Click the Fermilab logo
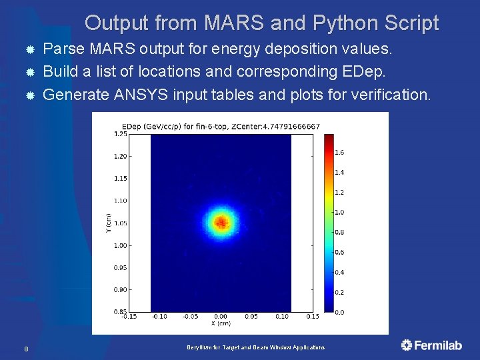point(431,345)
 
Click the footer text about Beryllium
point(255,348)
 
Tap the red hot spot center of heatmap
point(221,221)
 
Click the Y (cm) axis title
point(109,223)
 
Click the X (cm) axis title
point(221,323)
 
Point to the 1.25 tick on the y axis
point(120,134)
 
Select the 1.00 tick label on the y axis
point(120,245)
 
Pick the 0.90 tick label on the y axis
point(120,290)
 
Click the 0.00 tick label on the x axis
point(221,317)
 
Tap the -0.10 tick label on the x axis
point(159,317)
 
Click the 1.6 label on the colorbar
point(339,153)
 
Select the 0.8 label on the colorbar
point(339,232)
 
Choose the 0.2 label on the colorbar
point(339,292)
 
